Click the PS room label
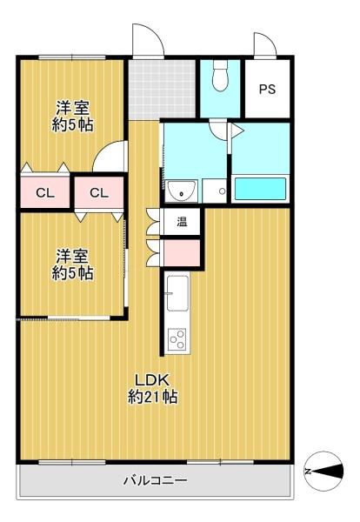point(268,90)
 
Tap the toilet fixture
point(220,75)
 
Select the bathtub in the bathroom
point(261,189)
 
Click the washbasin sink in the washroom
point(182,191)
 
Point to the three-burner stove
point(177,339)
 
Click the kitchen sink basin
point(177,294)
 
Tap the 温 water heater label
point(182,222)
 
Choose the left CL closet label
point(45,193)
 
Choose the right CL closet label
point(99,193)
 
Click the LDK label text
point(152,380)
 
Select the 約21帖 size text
point(152,397)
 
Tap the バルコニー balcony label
point(156,480)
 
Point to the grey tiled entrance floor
point(162,90)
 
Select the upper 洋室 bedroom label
point(72,108)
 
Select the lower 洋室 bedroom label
point(72,257)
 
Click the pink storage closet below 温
point(182,252)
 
